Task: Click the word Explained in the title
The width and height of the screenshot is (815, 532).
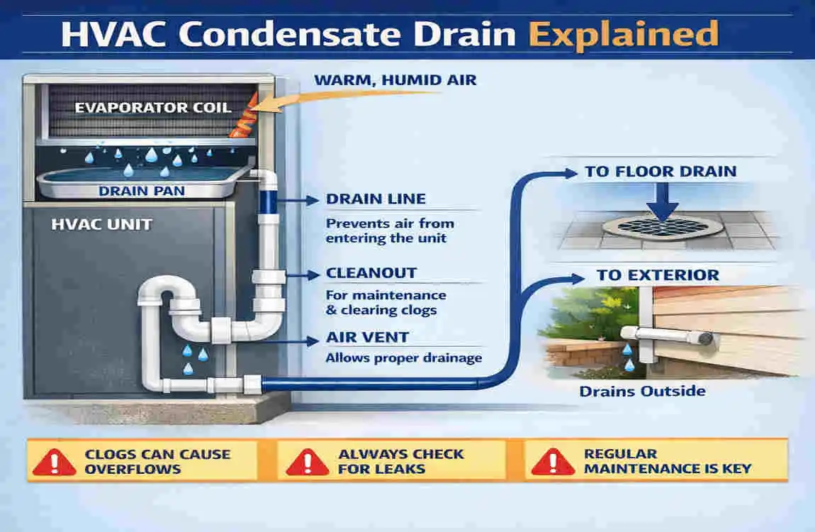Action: [624, 35]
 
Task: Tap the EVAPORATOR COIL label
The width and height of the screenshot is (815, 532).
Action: [153, 108]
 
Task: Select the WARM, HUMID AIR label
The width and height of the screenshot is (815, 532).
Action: [395, 80]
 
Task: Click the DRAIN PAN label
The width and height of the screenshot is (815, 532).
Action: [141, 191]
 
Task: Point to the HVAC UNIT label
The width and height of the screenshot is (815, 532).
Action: [102, 224]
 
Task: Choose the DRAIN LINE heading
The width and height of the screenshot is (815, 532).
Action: [376, 199]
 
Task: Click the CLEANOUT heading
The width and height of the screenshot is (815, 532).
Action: [371, 273]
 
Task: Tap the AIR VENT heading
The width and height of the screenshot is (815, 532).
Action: [368, 337]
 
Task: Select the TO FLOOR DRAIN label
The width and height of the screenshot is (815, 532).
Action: [661, 172]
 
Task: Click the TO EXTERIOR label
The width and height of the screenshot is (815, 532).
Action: [658, 275]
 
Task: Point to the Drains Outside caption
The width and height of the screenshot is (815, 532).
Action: [643, 391]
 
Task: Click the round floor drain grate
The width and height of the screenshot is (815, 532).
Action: [662, 226]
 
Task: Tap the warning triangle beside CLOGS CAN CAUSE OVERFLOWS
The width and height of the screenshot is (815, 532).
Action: [54, 462]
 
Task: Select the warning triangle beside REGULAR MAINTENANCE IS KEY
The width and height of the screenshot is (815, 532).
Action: [553, 462]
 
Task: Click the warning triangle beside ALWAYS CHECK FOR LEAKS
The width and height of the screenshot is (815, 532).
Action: [307, 462]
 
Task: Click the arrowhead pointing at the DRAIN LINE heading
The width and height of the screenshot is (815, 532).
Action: [313, 200]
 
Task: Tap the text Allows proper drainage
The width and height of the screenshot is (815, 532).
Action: [404, 358]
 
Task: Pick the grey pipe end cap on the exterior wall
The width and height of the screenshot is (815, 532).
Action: [705, 339]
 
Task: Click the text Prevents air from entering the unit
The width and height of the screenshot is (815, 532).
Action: [390, 231]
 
